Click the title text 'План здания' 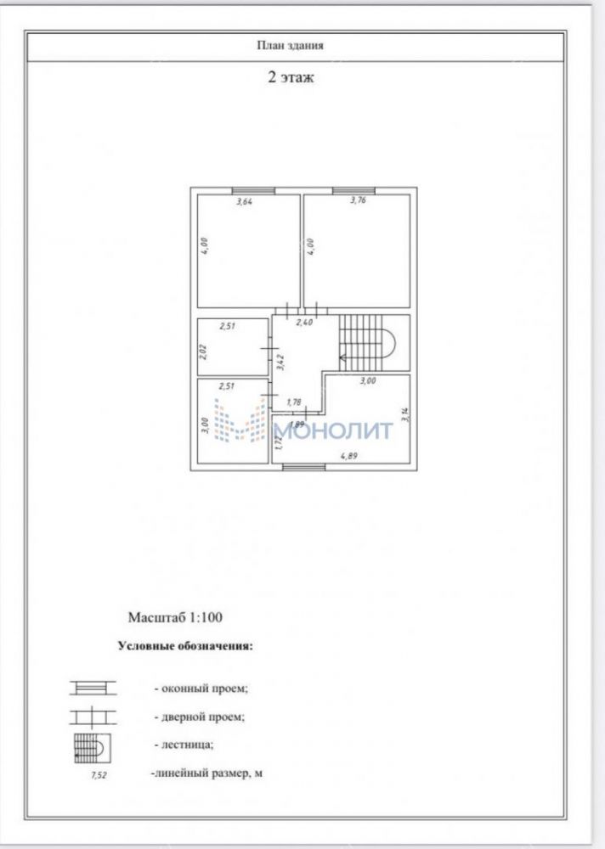[x=290, y=46]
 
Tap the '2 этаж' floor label [x=291, y=77]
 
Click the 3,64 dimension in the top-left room [x=245, y=202]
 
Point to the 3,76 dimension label [x=359, y=200]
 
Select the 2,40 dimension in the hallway [x=304, y=322]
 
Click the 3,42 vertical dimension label [x=280, y=361]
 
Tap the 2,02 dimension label [x=204, y=352]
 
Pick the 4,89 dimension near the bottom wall [x=348, y=456]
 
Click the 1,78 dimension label [x=293, y=402]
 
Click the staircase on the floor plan [x=369, y=343]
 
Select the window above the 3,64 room [x=253, y=190]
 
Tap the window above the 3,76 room [x=353, y=190]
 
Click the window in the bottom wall [x=303, y=467]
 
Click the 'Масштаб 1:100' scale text [x=175, y=617]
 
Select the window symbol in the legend [x=93, y=689]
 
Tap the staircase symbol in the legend [x=93, y=748]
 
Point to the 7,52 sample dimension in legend [x=99, y=775]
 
